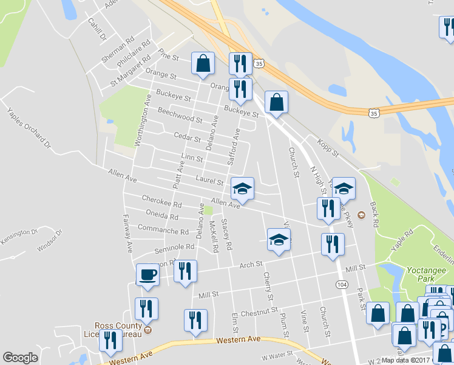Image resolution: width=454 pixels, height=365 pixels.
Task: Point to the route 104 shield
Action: (341, 284)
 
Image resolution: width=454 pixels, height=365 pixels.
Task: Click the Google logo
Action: (20, 358)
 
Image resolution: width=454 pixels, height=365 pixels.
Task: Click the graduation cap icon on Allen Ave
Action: (242, 189)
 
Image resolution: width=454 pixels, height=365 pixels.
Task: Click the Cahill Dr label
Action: (97, 30)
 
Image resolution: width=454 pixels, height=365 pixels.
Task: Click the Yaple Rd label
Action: (402, 237)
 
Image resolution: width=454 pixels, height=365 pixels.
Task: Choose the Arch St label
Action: (250, 265)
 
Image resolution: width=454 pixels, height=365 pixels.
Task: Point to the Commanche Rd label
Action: (163, 231)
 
